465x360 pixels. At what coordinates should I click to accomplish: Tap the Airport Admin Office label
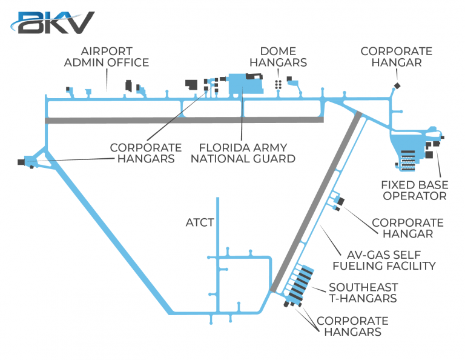coord(107,57)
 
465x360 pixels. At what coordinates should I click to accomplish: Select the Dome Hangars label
coord(283,57)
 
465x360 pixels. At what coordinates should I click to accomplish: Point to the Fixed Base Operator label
coord(414,190)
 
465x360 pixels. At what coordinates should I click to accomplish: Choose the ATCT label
coord(199,222)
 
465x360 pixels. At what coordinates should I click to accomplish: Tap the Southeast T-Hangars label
coord(363,292)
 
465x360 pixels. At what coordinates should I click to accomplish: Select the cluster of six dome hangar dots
coord(279,84)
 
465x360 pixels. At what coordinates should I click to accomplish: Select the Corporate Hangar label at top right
coord(397,57)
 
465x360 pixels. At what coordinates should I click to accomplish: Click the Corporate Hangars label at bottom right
coord(352,326)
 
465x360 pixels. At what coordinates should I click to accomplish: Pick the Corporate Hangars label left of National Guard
coord(145,153)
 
